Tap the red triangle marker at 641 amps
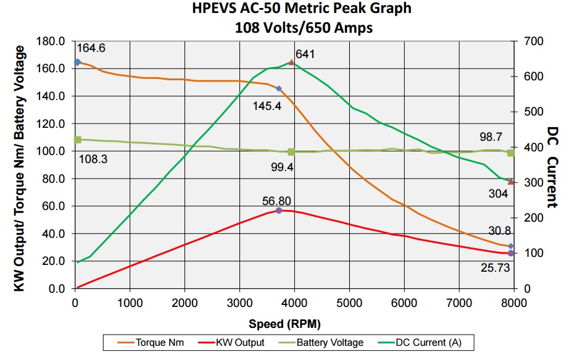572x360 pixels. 292,62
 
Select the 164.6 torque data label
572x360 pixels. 91,48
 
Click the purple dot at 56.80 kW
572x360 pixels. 279,211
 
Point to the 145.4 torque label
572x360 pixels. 267,106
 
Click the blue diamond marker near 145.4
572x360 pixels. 279,89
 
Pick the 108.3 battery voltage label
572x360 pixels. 93,159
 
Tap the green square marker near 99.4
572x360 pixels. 291,152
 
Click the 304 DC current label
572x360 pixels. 498,194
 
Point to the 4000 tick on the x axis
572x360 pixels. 295,303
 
